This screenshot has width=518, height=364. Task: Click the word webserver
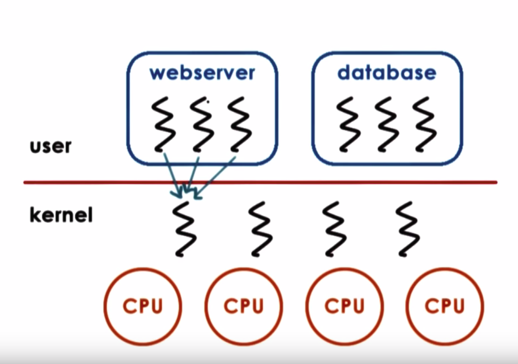pyautogui.click(x=202, y=73)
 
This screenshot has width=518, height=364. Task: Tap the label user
pyautogui.click(x=50, y=146)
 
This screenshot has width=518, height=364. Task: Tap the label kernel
pyautogui.click(x=61, y=216)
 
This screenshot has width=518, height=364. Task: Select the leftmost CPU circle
pyautogui.click(x=142, y=306)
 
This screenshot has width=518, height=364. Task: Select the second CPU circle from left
pyautogui.click(x=244, y=306)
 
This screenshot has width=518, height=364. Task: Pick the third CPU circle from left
pyautogui.click(x=344, y=306)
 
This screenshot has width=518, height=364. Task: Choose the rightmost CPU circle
pyautogui.click(x=445, y=306)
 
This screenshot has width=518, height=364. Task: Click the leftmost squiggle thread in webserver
pyautogui.click(x=162, y=124)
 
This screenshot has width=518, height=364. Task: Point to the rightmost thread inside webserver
pyautogui.click(x=239, y=124)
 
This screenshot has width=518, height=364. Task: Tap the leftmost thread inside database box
pyautogui.click(x=346, y=124)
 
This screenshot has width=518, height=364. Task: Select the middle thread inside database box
pyautogui.click(x=384, y=124)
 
